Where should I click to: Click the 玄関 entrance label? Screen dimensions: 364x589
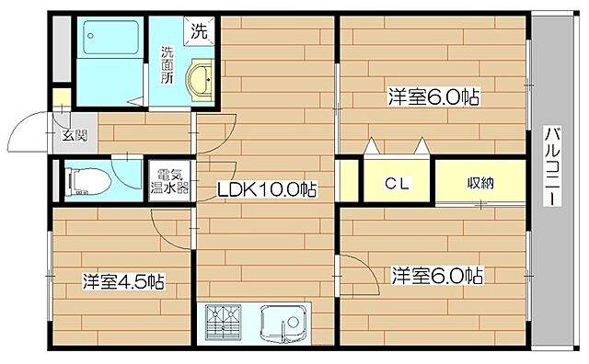[x=75, y=136]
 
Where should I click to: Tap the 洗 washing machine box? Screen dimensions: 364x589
[x=200, y=30]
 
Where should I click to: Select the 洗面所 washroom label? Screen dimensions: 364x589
[x=168, y=64]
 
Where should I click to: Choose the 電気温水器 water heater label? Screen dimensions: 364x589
[x=171, y=181]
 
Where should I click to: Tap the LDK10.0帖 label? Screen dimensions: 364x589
[x=267, y=190]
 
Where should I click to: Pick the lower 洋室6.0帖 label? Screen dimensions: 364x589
[x=437, y=275]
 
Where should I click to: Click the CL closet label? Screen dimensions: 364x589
[x=397, y=183]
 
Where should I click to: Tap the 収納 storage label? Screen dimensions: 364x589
[x=480, y=182]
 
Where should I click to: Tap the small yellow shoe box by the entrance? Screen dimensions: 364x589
[x=60, y=97]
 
